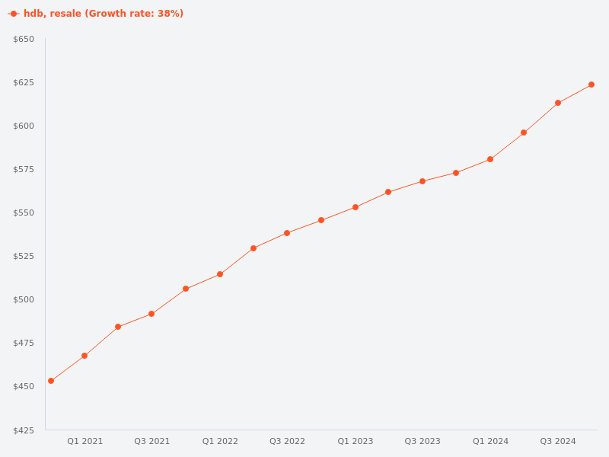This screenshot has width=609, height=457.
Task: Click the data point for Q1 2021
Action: tap(84, 356)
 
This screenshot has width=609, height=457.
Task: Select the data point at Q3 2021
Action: tap(151, 314)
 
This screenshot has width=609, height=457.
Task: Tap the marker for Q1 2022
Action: tap(220, 274)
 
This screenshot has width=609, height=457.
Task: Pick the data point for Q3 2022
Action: tap(287, 233)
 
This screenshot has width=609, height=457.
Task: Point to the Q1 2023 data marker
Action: tap(356, 207)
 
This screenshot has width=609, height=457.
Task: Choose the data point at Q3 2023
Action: tap(422, 181)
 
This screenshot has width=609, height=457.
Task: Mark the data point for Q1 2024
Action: tap(490, 159)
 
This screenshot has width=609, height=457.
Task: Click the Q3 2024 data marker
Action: tap(558, 103)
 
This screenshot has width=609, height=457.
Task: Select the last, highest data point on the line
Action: tap(591, 85)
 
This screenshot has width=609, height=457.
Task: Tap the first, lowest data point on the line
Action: tap(51, 381)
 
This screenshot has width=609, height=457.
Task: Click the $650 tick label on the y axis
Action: tap(24, 39)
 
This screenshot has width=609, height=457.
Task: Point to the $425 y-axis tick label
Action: tap(24, 430)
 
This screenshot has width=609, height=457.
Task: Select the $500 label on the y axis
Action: tap(24, 299)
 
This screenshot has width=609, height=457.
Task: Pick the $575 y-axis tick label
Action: tap(24, 169)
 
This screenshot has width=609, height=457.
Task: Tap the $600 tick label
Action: tap(24, 126)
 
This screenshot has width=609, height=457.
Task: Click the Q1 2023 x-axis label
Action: tap(356, 441)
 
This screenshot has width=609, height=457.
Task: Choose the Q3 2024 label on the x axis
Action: tap(558, 441)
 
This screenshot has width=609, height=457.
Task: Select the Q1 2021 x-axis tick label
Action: tap(84, 441)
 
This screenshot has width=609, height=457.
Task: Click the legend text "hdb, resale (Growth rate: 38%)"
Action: tap(104, 14)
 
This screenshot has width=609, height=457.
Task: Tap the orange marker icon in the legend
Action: tap(14, 14)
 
